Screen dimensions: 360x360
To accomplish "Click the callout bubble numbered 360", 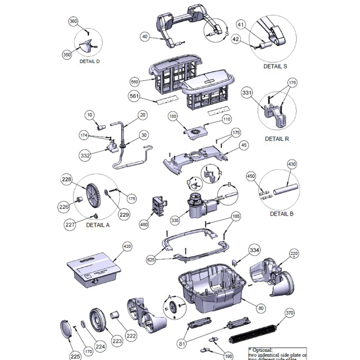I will pyautogui.click(x=73, y=22).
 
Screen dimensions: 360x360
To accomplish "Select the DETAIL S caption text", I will pyautogui.click(x=275, y=66).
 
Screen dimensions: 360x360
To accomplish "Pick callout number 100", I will pyautogui.click(x=172, y=117).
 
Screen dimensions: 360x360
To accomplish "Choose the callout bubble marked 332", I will pyautogui.click(x=86, y=155).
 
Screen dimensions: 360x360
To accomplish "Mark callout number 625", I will pyautogui.click(x=153, y=260).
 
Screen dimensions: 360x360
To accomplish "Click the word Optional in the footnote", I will pyautogui.click(x=264, y=349).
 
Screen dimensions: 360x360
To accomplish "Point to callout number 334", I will pyautogui.click(x=254, y=250).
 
